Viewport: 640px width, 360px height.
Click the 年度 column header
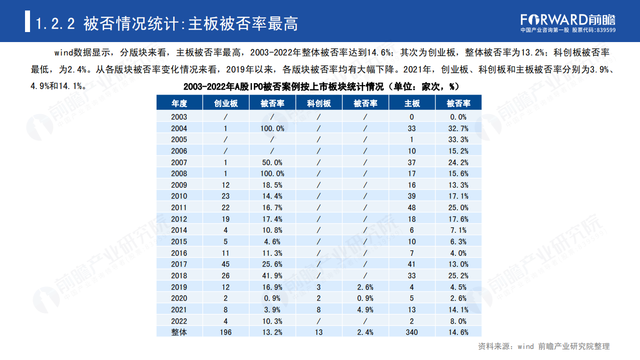point(179,103)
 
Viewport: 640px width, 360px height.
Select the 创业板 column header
point(226,103)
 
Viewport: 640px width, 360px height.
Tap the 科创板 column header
point(319,103)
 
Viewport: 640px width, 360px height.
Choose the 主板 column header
point(412,103)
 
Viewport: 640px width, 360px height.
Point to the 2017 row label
point(179,264)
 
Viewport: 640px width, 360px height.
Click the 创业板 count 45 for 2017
point(226,264)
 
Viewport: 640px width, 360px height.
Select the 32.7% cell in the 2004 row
point(458,128)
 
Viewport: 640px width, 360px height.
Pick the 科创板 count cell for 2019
point(319,287)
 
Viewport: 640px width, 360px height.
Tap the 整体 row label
point(179,332)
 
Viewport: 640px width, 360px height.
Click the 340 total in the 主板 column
point(412,332)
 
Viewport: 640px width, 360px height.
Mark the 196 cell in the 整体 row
point(226,332)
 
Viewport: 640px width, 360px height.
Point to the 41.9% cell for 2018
point(272,275)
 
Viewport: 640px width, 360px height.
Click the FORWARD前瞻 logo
point(567,20)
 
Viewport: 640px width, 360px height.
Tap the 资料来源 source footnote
point(544,346)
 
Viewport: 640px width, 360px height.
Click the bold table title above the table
point(321,87)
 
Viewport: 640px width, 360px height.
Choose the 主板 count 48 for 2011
point(412,207)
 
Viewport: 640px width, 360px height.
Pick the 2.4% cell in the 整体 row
point(365,332)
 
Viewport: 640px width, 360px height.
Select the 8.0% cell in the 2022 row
point(458,321)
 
